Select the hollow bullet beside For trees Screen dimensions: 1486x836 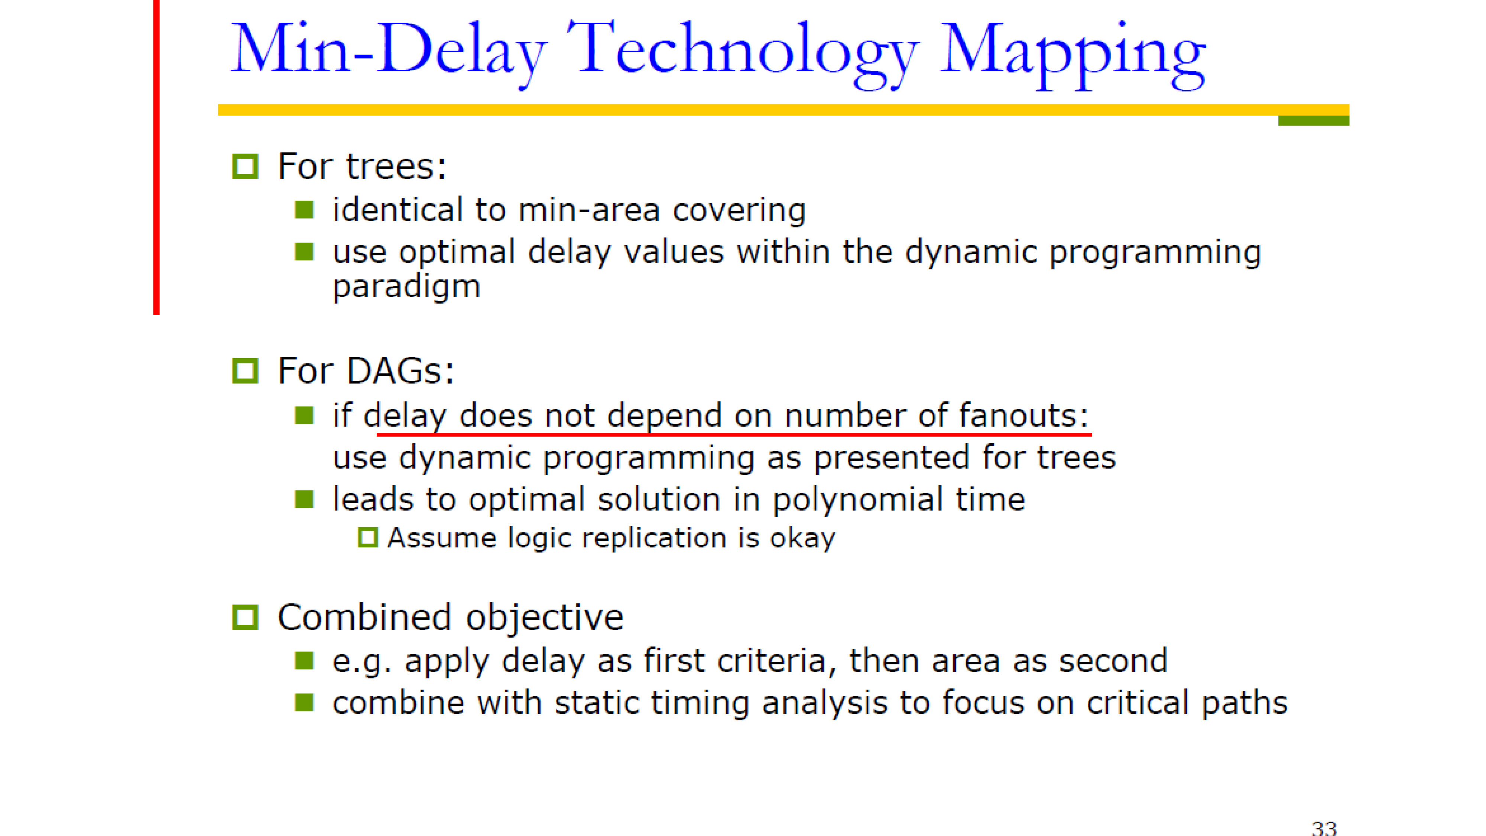tap(245, 167)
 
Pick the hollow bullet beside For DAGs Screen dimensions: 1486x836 tap(245, 371)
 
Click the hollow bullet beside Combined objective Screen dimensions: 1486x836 tap(245, 617)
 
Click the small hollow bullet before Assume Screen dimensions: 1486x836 tap(367, 538)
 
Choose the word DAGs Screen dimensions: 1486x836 tap(401, 371)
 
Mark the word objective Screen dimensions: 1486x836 tap(545, 617)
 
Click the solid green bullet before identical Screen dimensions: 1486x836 tap(304, 210)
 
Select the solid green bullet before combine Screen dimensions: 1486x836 tap(304, 703)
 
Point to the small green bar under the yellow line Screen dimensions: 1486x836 tap(1314, 121)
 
